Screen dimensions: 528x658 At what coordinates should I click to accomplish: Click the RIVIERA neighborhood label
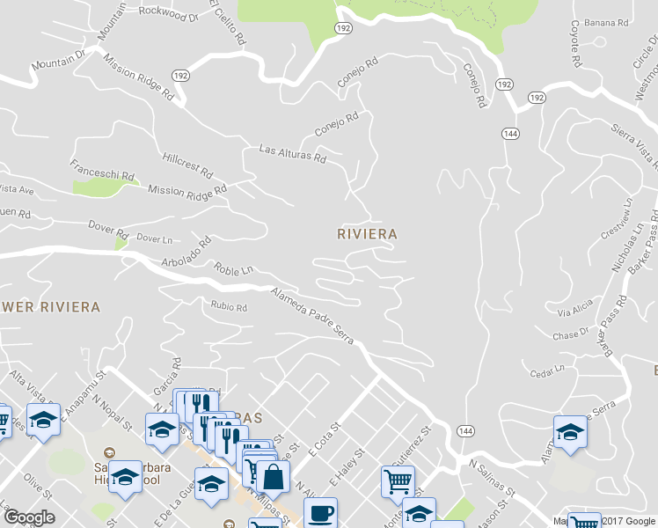click(368, 234)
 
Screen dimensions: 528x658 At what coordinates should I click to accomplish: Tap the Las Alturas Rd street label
click(292, 155)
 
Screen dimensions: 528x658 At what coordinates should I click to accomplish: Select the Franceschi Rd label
click(103, 170)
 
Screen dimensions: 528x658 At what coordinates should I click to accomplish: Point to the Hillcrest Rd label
click(188, 163)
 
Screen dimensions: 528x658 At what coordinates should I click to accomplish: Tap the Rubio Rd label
click(229, 307)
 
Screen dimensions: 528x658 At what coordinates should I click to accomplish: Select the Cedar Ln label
click(547, 370)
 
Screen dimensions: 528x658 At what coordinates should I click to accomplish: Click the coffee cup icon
click(320, 511)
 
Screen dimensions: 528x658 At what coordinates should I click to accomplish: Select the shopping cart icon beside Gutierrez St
click(398, 481)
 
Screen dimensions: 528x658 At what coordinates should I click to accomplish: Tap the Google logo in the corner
click(28, 517)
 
